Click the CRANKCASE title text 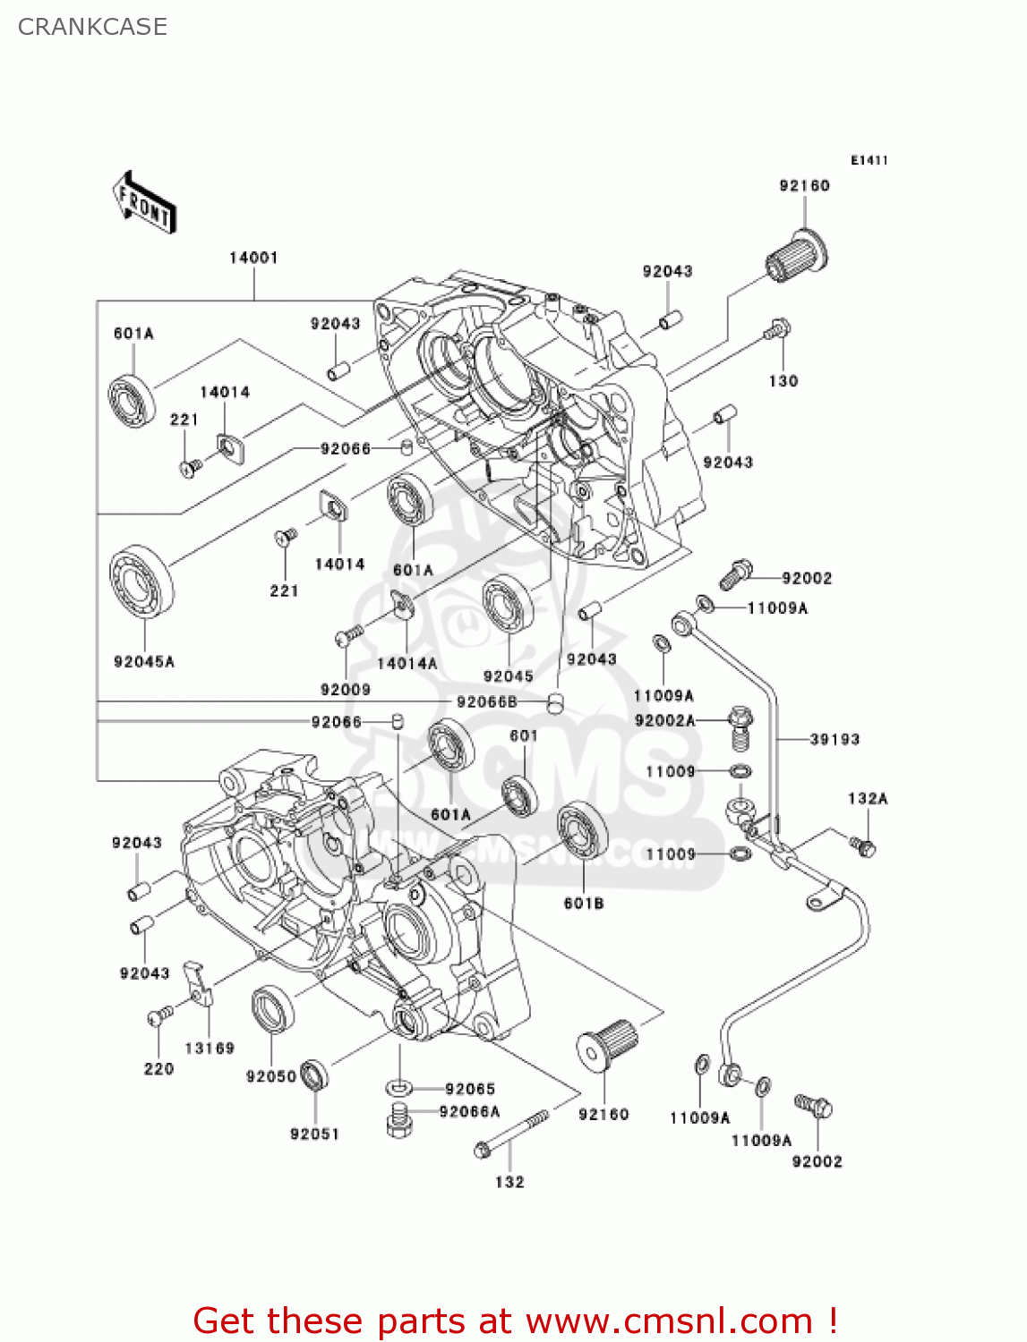click(x=92, y=27)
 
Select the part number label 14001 click(x=253, y=258)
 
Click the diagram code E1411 click(x=869, y=160)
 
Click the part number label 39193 click(x=834, y=739)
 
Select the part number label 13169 click(x=210, y=1048)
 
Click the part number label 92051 click(x=314, y=1134)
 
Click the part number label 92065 click(x=470, y=1089)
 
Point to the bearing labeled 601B click(x=583, y=831)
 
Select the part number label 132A click(x=868, y=798)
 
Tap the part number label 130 click(x=783, y=381)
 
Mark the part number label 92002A click(x=664, y=720)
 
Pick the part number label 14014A click(x=407, y=663)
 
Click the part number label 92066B click(x=486, y=702)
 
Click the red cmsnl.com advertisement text click(x=515, y=1321)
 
